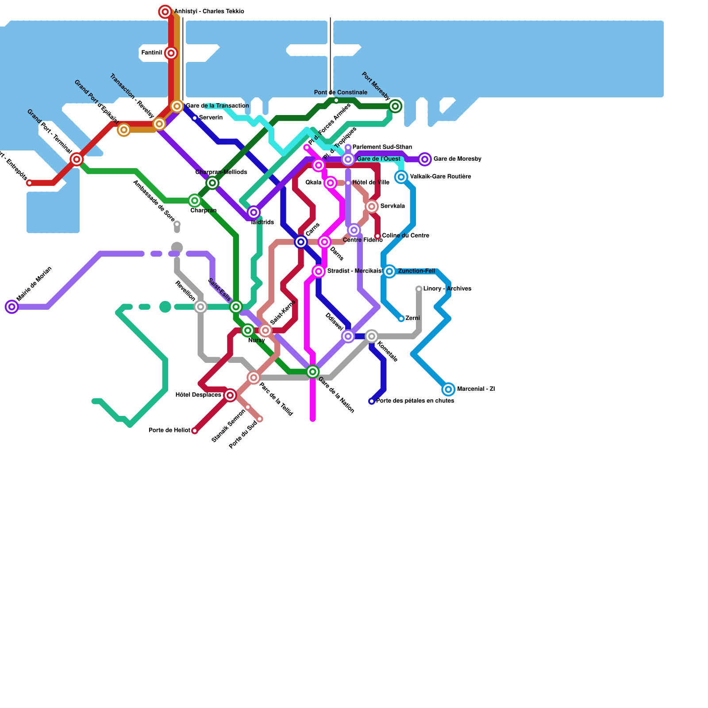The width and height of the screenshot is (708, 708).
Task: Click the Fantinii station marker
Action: coord(171,54)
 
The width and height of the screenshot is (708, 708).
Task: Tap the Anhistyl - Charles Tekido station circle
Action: coord(165,12)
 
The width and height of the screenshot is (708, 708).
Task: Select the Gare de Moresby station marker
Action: coord(425,159)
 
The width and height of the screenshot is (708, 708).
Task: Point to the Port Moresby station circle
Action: coord(396,106)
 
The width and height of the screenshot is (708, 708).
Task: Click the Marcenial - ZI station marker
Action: coord(448,389)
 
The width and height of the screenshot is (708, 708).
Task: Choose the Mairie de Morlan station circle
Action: coord(12,307)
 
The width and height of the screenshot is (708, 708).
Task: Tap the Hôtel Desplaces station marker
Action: coord(230,395)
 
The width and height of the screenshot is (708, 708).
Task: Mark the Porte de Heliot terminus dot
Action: coord(195,431)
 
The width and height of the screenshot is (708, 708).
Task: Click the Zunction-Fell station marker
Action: coord(389,271)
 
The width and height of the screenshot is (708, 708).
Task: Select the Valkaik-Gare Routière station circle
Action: coord(401,177)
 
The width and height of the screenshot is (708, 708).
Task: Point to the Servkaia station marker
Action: coord(372,206)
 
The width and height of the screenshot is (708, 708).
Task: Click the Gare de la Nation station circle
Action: coord(313,372)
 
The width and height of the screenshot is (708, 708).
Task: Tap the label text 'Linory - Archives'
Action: coord(447,289)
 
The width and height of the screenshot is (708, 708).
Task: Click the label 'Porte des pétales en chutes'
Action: coord(415,401)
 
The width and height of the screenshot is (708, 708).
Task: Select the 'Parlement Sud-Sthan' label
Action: coord(382,147)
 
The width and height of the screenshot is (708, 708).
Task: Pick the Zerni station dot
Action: coord(401,319)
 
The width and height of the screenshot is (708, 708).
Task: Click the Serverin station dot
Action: coord(195,118)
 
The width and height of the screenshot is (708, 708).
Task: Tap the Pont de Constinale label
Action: coord(340,92)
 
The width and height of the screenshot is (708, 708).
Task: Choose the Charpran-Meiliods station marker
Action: coord(212,183)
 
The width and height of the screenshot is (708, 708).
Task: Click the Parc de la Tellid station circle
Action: coord(254,377)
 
